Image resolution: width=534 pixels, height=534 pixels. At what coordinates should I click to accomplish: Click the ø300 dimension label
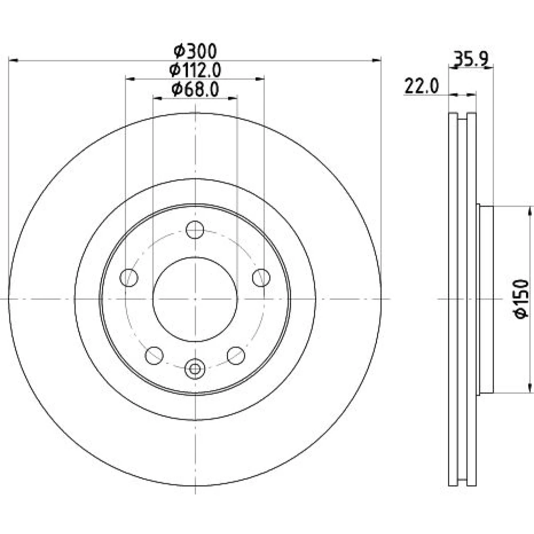(195, 51)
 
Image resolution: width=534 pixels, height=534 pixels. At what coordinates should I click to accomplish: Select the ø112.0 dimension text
(195, 70)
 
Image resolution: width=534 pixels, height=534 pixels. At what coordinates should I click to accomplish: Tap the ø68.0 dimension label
(195, 90)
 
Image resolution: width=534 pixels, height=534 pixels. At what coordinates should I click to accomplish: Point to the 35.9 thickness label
(472, 59)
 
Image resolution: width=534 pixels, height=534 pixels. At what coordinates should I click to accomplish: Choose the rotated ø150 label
(521, 299)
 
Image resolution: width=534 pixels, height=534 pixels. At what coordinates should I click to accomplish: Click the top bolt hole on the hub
(195, 230)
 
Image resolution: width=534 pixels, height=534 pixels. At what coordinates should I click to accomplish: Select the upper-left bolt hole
(129, 278)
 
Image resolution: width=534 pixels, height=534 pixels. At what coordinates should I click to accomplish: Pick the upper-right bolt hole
(261, 278)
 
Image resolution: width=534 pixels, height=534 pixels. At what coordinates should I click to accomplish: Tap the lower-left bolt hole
(154, 356)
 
